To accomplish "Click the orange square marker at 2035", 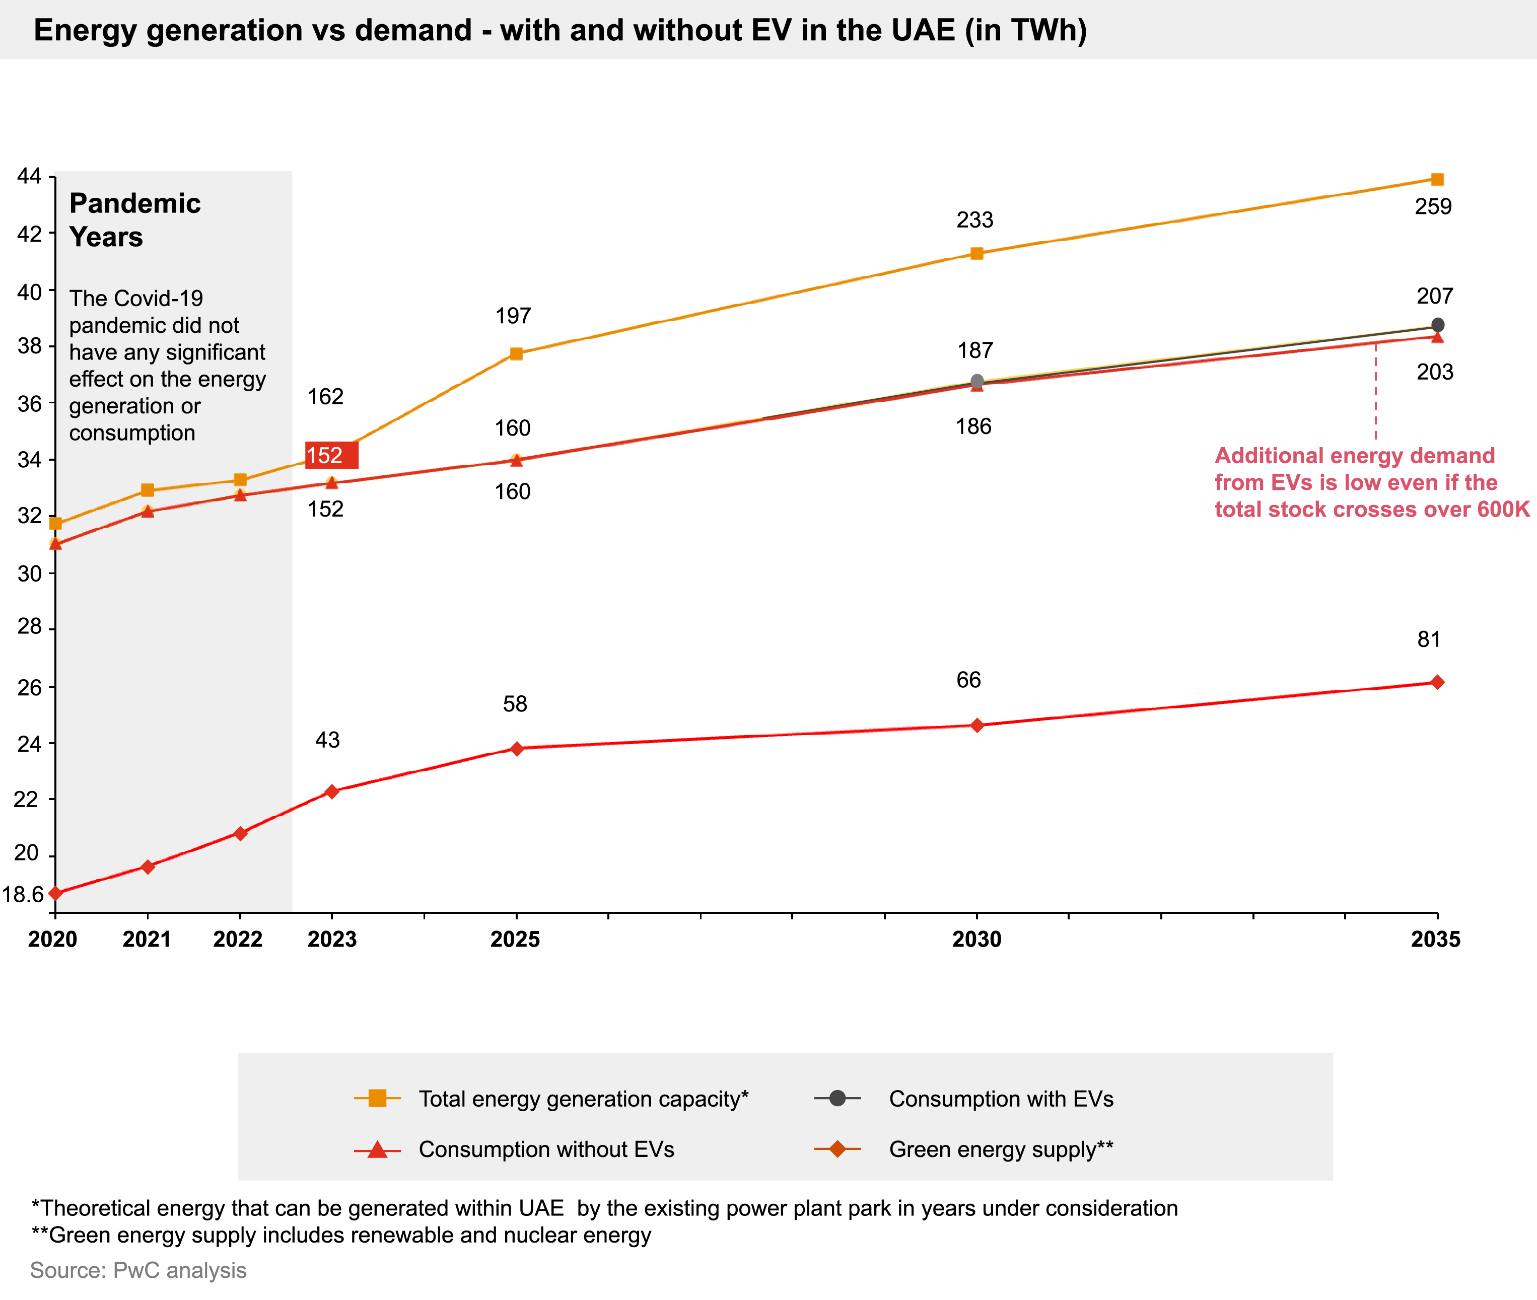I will tap(1437, 179).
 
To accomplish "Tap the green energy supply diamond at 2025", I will tap(517, 748).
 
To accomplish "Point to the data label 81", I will tap(1429, 639).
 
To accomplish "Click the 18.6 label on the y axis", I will tap(22, 894).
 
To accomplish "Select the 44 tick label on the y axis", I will tap(29, 176).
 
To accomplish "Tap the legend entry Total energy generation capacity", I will tap(582, 1099).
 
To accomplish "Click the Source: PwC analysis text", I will tap(138, 1270).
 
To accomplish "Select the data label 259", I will tap(1433, 207).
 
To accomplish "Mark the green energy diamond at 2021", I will tap(148, 866).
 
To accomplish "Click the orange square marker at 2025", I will tap(517, 354).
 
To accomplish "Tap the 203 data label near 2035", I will tap(1435, 372).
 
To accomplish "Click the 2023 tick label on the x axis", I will tap(332, 939).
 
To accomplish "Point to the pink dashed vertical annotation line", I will tap(1375, 391).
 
